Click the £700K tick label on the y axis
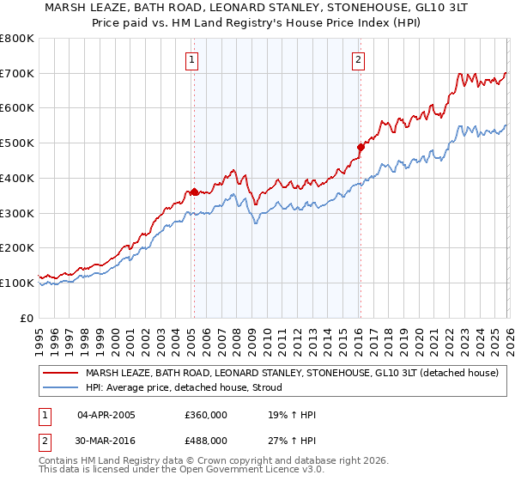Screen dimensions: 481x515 click(17, 73)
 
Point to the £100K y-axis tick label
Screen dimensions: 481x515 click(17, 283)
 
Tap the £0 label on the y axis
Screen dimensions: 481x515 click(27, 318)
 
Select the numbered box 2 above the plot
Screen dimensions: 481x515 click(357, 60)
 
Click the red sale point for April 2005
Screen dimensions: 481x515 click(194, 192)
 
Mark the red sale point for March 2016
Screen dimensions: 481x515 click(360, 147)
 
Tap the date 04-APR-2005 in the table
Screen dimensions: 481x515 click(106, 416)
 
